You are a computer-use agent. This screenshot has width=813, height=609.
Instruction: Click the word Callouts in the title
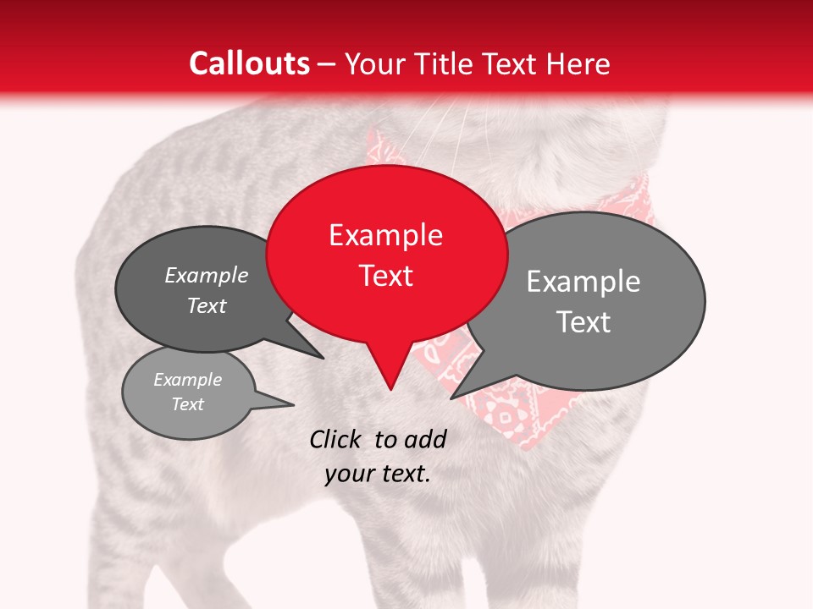click(x=249, y=63)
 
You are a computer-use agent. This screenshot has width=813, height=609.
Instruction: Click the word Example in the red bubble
click(x=385, y=235)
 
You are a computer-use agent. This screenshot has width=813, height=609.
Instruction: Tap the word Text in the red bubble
click(x=386, y=276)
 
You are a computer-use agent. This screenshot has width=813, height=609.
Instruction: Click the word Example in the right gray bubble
click(x=583, y=282)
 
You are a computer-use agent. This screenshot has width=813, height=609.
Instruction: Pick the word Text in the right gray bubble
click(x=583, y=322)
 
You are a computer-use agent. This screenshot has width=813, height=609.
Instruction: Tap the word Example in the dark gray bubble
click(x=207, y=275)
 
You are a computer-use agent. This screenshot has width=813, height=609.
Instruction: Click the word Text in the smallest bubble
click(x=188, y=404)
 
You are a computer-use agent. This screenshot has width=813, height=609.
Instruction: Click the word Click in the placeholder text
click(x=337, y=439)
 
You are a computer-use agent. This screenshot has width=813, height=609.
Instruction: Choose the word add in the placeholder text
click(x=424, y=439)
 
